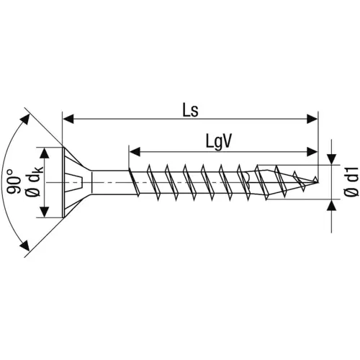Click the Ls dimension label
[x=190, y=111]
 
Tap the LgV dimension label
[x=219, y=141]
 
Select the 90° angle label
[x=13, y=181]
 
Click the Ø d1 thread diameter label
[x=351, y=182]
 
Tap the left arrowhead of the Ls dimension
[x=68, y=119]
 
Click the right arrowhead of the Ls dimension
[x=312, y=119]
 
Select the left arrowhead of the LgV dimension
[x=135, y=152]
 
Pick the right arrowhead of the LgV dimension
[x=312, y=152]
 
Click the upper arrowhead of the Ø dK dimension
[x=44, y=153]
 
